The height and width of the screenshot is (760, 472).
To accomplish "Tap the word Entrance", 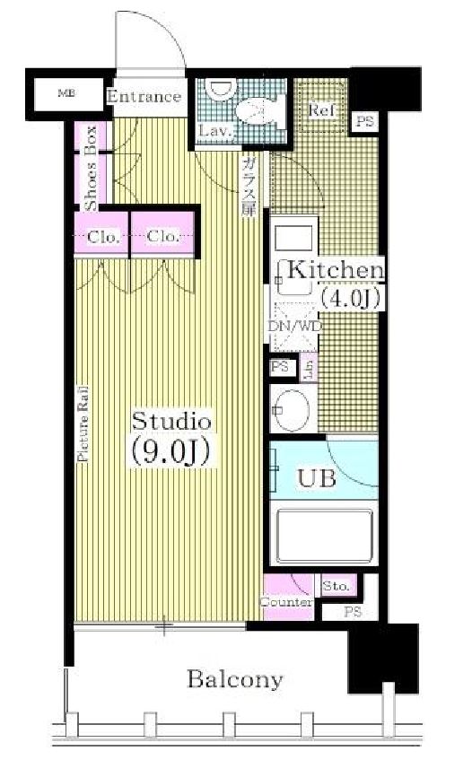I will pos(144,97).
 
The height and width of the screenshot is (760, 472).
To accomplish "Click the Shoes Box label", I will pos(91,180).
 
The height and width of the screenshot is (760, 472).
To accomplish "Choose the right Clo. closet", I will pos(162,237).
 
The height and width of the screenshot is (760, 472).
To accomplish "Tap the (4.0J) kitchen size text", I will pos(352,298).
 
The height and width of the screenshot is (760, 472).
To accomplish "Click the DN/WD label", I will pos(294,326).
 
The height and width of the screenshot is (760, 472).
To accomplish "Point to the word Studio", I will pos(171,420).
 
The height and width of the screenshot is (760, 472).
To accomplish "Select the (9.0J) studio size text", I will pos(170,452).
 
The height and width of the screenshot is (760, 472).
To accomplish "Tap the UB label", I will pos(317,478).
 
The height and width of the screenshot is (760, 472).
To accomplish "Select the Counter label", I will pos(286,603).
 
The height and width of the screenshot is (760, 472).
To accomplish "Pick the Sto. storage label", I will pos(337,586).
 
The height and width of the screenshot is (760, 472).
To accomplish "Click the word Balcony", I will pos(234,679).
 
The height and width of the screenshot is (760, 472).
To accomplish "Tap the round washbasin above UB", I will pos(291,411).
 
